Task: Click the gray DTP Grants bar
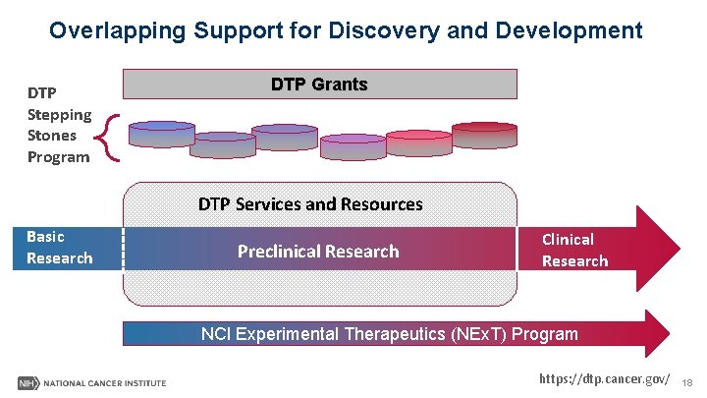click(319, 85)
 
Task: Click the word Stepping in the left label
click(59, 114)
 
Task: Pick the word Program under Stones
click(58, 157)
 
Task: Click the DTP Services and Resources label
click(310, 204)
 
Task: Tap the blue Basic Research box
click(60, 248)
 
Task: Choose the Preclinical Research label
click(318, 252)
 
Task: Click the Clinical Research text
click(574, 250)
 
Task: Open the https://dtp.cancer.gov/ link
click(605, 379)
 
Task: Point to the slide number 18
click(687, 381)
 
